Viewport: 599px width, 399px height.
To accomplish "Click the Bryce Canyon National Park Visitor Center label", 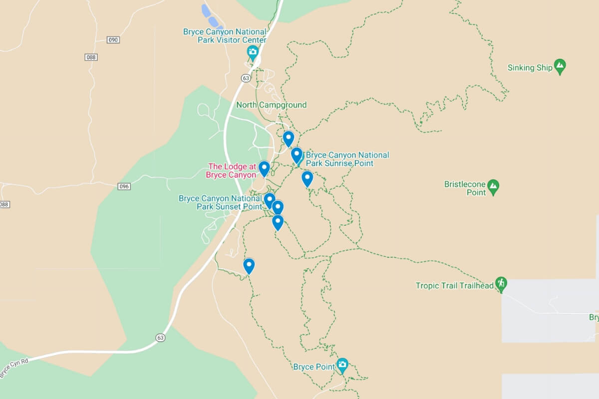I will point(225,36).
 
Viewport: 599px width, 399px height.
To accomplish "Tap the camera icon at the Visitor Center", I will point(253,52).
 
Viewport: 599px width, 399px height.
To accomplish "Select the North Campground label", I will point(271,105).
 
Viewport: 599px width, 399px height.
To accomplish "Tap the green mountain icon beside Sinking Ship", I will point(560,66).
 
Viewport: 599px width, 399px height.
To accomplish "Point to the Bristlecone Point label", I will point(465,189).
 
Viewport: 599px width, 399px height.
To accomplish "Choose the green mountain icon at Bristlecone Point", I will point(493,187).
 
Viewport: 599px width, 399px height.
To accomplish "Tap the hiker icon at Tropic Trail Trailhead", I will point(501,284).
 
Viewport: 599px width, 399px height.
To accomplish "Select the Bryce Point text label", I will point(313,367).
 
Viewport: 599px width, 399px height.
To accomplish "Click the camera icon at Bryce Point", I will point(342,365).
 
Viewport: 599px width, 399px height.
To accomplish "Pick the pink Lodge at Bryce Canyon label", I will point(232,171).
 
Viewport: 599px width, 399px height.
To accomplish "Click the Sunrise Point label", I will point(347,159).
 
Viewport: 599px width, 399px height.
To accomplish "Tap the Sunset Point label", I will point(221,202).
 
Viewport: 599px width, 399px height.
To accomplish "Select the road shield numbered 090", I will point(113,39).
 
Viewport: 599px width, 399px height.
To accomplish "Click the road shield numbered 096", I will point(124,187).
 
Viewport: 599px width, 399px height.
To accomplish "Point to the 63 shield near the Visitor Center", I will point(245,78).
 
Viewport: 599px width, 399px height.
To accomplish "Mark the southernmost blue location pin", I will point(249,265).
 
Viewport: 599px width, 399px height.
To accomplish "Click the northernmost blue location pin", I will point(288,138).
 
